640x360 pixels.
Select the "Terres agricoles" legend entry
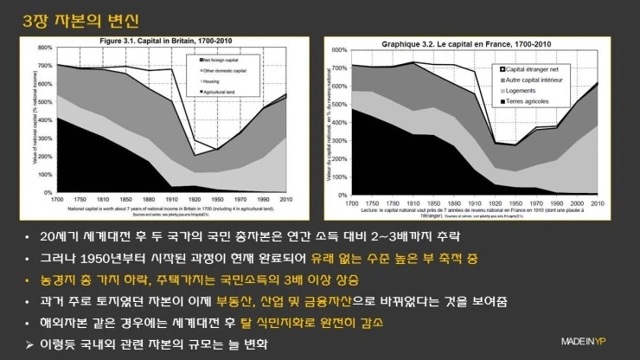click(x=533, y=101)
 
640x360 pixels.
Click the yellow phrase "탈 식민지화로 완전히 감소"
click(x=330, y=322)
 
